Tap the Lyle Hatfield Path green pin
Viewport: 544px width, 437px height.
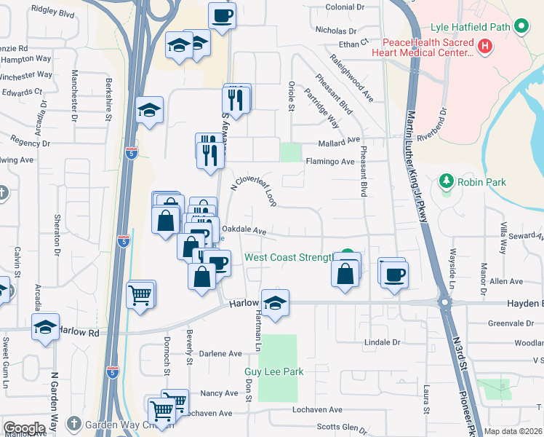point(521,28)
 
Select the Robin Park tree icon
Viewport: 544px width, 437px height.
point(446,181)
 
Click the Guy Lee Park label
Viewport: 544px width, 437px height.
point(273,372)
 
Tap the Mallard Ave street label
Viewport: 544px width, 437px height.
point(339,141)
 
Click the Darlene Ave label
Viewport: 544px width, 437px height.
point(221,354)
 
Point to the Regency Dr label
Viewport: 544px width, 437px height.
point(30,143)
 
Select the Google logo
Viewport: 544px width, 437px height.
point(24,428)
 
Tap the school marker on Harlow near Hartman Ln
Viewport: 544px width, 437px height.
point(276,303)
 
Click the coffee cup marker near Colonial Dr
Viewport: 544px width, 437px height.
point(222,15)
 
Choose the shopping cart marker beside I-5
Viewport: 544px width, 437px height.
point(140,294)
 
